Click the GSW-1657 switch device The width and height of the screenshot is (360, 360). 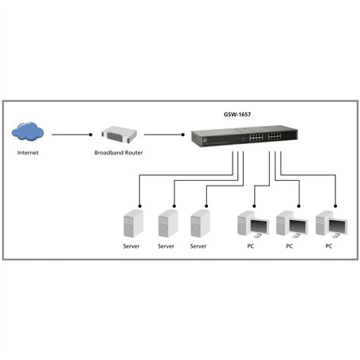239,138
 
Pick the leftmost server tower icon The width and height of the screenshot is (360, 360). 131,223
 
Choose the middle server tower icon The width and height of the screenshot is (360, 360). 166,223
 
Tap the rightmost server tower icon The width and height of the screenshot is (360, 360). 200,223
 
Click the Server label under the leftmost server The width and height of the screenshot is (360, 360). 131,247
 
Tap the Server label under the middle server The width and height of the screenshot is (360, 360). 166,247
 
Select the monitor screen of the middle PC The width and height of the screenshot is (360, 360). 295,227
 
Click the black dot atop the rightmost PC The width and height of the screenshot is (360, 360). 335,200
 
